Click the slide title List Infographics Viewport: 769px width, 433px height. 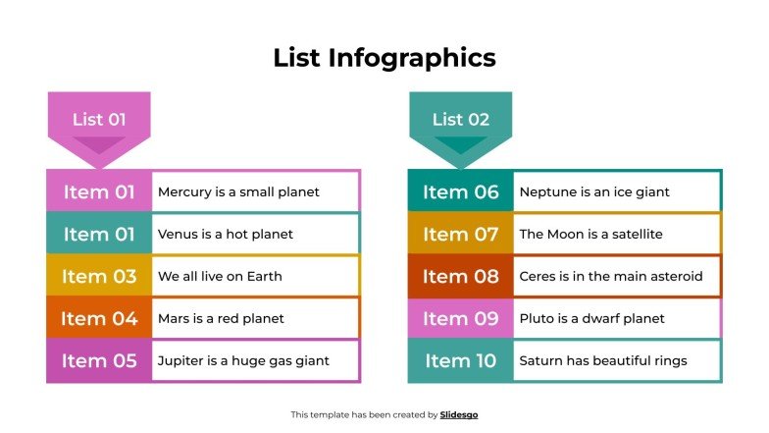click(x=384, y=58)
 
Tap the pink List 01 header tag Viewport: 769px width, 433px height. click(x=99, y=120)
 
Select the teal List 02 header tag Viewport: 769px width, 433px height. click(x=460, y=120)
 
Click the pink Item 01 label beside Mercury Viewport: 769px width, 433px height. click(x=99, y=191)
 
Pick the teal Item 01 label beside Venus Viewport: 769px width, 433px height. click(x=99, y=234)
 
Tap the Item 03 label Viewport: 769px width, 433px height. click(x=99, y=276)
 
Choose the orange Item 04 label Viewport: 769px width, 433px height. click(x=99, y=318)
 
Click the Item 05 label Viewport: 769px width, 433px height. click(x=99, y=360)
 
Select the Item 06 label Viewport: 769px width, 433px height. click(x=461, y=191)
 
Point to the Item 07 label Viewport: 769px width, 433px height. click(x=461, y=234)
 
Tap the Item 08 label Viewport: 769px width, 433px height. click(x=461, y=276)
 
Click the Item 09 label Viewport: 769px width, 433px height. click(x=461, y=318)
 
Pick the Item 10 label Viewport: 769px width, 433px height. click(x=461, y=360)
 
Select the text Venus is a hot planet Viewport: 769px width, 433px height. click(x=225, y=234)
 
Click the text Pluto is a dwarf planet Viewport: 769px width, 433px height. click(x=591, y=318)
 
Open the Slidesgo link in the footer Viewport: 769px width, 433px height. click(x=459, y=414)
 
